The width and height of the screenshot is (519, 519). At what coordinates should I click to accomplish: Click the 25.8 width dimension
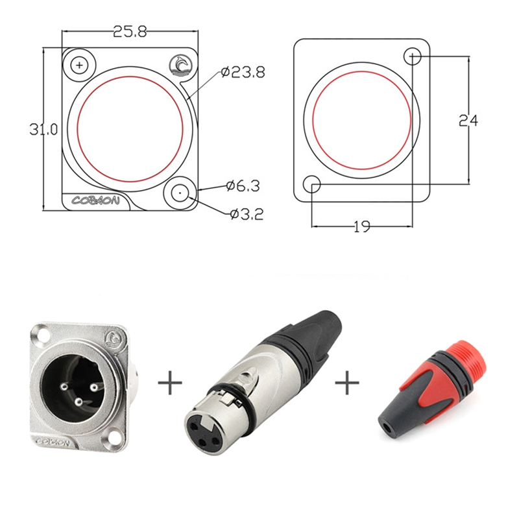coord(129,32)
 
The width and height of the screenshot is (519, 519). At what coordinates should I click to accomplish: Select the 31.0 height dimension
coord(43,129)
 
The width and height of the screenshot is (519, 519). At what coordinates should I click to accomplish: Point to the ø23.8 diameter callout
coord(243,72)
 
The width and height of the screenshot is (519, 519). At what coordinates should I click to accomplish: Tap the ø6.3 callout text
coord(243,186)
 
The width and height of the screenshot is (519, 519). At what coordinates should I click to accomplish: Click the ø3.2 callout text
coord(247,215)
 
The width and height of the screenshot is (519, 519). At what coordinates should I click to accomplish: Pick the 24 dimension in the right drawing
coord(468,121)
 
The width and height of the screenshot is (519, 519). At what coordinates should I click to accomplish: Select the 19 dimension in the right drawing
coord(362,226)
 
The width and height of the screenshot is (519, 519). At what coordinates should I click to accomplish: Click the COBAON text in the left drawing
coord(95,200)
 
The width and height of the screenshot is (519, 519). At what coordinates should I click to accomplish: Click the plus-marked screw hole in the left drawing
coord(79,65)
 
